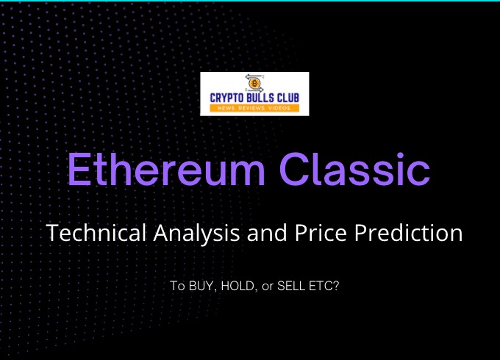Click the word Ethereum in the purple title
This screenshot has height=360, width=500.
click(166, 169)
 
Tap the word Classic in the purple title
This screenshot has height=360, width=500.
click(354, 169)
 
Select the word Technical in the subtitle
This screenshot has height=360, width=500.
click(96, 233)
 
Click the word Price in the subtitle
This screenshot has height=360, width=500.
click(321, 233)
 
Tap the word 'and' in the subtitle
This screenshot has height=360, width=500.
click(267, 233)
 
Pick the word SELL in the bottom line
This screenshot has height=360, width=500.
click(291, 286)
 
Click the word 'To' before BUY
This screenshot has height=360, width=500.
click(177, 286)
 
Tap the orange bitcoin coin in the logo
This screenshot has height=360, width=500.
click(254, 84)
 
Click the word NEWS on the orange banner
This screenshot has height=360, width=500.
click(226, 108)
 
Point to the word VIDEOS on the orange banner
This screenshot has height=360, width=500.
click(279, 108)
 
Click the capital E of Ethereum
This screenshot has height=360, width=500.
click(77, 169)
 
